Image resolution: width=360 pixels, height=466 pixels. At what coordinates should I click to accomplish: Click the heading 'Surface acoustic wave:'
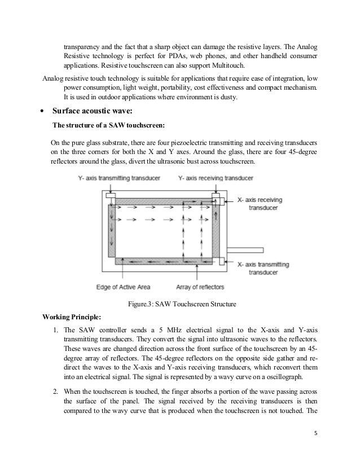(x=91, y=111)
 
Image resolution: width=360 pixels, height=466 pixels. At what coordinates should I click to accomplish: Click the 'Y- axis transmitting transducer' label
(x=119, y=178)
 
